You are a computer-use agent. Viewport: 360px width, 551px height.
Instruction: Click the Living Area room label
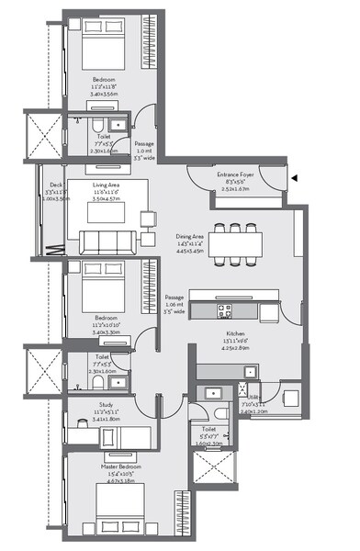pyautogui.click(x=108, y=184)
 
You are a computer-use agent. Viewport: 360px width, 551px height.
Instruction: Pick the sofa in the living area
pyautogui.click(x=107, y=242)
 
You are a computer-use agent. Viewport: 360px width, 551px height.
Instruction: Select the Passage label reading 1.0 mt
pyautogui.click(x=144, y=150)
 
